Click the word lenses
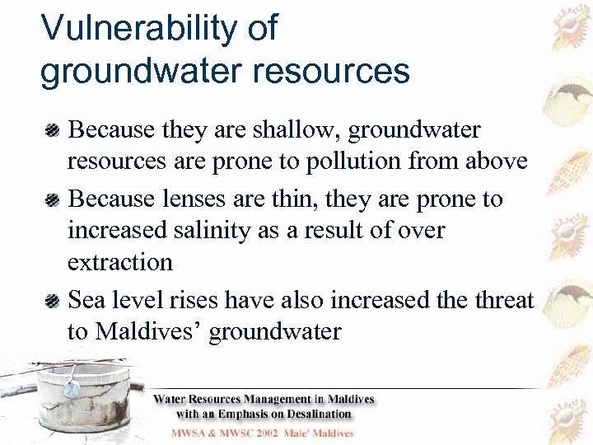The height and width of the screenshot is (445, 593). [207, 199]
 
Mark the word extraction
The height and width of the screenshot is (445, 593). [120, 262]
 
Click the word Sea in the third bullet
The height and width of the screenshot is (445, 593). [89, 300]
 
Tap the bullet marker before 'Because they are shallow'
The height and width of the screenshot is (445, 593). [52, 129]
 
